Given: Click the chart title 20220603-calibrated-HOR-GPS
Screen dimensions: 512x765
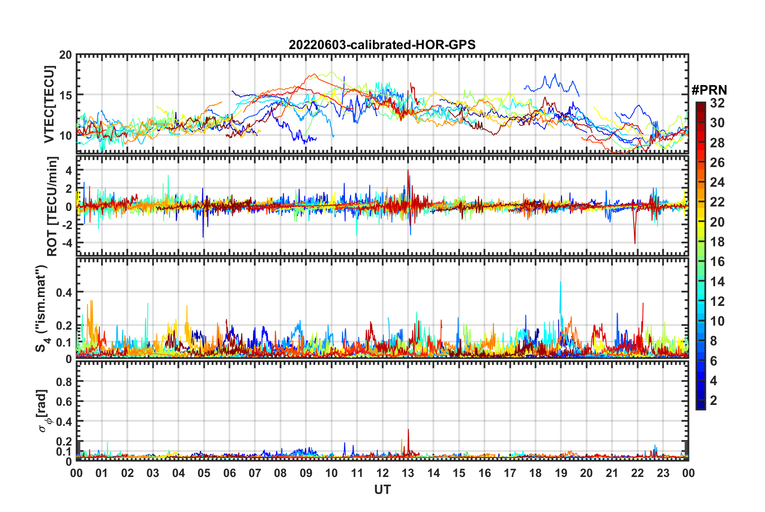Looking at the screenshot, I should tap(382, 45).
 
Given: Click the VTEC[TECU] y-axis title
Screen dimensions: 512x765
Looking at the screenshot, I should tap(49, 104).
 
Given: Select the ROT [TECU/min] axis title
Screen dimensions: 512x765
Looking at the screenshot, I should tap(52, 206).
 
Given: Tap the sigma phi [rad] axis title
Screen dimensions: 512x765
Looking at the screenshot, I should tap(43, 411).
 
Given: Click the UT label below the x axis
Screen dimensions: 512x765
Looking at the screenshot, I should tap(382, 489).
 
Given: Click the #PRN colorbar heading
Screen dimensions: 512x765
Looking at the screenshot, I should tap(709, 90).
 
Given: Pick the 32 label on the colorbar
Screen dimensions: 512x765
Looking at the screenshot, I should tap(717, 103).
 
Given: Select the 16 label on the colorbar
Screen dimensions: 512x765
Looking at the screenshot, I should tap(717, 262).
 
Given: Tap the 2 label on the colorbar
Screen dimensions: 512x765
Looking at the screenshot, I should tap(714, 400).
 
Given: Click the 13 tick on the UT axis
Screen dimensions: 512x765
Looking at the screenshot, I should tap(408, 473).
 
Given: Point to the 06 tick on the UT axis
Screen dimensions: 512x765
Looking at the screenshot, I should tap(229, 473).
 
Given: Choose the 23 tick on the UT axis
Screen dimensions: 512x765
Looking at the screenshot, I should tap(663, 473).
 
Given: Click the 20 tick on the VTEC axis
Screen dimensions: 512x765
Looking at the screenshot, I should tap(66, 55).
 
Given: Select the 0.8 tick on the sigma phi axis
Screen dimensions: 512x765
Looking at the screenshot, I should tap(64, 381).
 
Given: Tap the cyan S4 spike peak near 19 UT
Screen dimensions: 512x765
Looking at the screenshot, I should tap(560, 283).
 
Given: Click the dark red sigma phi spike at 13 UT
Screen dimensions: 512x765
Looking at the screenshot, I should tap(408, 430).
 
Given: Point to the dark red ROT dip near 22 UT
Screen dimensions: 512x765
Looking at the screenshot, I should tap(635, 243).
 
